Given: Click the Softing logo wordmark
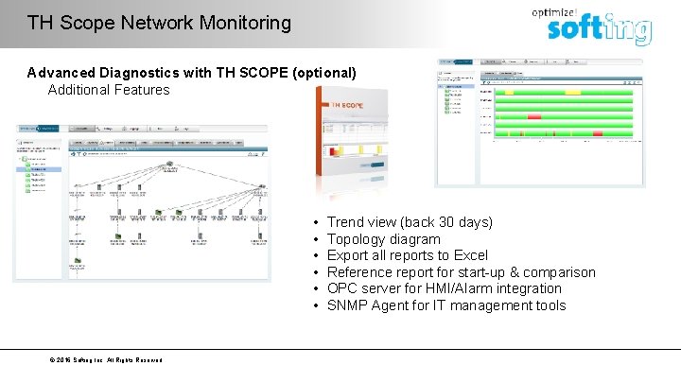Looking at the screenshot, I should click(599, 28).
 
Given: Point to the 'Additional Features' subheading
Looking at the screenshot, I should click(108, 90).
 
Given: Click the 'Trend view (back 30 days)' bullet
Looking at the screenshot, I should click(409, 222).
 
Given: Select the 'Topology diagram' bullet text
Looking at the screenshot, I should click(383, 239).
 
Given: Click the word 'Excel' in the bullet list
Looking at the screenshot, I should click(471, 255).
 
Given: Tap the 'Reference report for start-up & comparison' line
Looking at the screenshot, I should click(461, 272).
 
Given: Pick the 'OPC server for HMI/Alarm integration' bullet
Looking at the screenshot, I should click(444, 288).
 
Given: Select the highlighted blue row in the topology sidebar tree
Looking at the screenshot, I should click(38, 168).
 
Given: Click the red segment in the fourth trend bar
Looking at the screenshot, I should click(533, 116).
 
